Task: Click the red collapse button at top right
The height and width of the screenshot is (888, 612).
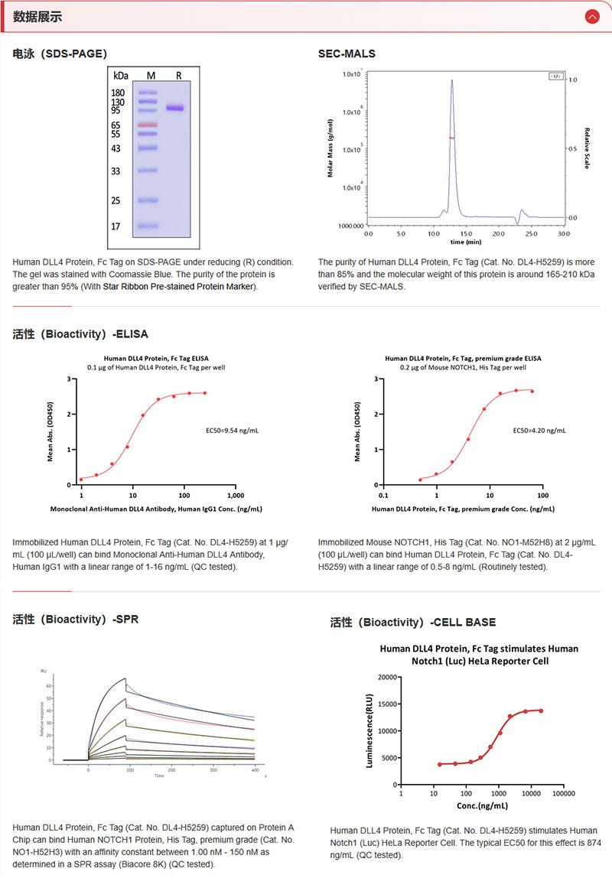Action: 591,16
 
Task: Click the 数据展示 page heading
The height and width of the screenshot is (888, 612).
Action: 37,17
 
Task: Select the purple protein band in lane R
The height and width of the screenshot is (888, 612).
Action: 176,109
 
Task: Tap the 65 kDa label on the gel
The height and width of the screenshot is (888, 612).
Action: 116,125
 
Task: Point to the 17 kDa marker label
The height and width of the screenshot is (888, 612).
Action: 116,226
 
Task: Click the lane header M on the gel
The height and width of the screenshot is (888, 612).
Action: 151,76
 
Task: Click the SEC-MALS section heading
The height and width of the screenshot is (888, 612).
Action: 347,54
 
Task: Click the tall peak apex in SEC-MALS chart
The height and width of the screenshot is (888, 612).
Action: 452,80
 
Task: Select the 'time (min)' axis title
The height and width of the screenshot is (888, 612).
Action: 466,242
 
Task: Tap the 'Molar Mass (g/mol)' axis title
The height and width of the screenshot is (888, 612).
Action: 330,148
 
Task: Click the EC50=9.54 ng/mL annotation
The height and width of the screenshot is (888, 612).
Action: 233,431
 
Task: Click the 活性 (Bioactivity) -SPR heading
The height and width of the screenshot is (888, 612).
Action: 76,619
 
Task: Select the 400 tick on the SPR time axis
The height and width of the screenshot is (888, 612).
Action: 255,770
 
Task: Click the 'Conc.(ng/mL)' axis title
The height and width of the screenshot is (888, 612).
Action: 482,805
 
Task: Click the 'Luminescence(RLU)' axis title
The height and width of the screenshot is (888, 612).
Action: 370,730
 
